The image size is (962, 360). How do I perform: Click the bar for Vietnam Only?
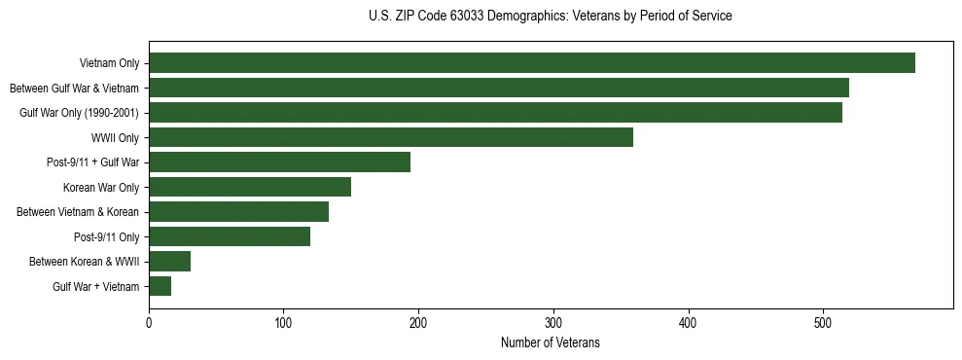click(531, 63)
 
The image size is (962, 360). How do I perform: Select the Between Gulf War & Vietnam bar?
click(498, 89)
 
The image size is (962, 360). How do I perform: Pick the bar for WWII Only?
click(390, 137)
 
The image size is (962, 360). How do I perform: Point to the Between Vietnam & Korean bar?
click(238, 212)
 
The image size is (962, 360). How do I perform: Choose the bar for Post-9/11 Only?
click(230, 236)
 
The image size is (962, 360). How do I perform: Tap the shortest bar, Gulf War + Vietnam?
click(160, 286)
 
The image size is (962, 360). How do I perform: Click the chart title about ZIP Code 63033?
click(550, 17)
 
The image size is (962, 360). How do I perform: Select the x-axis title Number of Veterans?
click(550, 343)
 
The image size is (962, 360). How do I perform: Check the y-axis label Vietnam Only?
click(109, 64)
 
